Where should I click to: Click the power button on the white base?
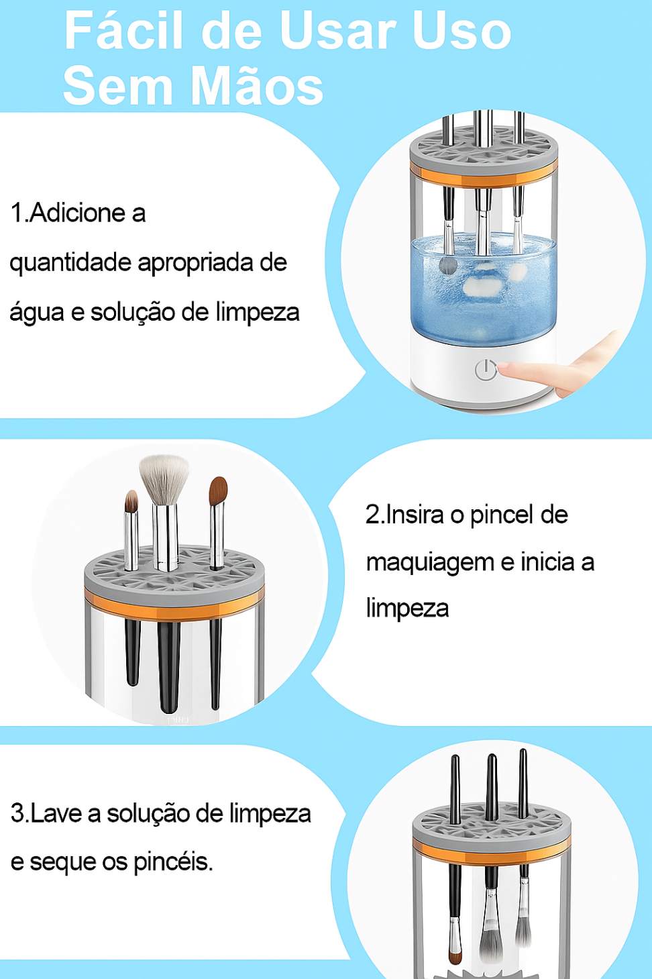coord(486,370)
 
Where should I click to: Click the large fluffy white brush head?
coord(164,479)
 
